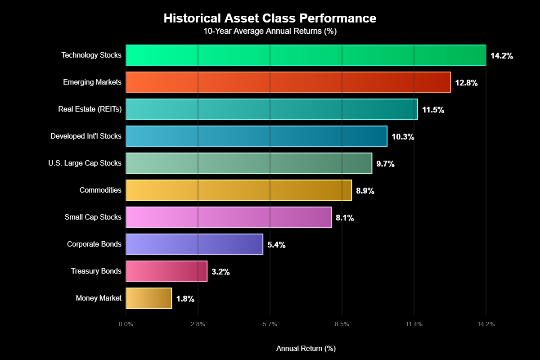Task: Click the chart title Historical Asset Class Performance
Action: click(270, 18)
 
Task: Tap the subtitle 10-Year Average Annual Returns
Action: click(270, 31)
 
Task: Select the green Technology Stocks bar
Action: click(306, 55)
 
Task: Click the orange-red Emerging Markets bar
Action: click(288, 82)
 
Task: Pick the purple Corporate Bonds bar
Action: click(194, 244)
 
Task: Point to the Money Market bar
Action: click(148, 298)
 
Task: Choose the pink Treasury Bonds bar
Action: click(166, 271)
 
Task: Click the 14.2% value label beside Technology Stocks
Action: click(502, 56)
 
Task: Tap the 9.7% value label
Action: click(385, 164)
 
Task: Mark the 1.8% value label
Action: click(185, 299)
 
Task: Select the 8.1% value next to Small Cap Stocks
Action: click(345, 218)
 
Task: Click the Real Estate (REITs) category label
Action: click(90, 109)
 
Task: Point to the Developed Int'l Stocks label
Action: click(86, 136)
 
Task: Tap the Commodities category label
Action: click(100, 190)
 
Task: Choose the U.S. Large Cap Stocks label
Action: click(85, 163)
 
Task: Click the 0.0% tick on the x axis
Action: click(126, 324)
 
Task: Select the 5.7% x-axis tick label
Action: click(270, 324)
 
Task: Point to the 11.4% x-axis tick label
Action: click(414, 324)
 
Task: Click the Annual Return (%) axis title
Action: click(306, 349)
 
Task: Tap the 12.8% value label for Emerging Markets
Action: click(466, 83)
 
